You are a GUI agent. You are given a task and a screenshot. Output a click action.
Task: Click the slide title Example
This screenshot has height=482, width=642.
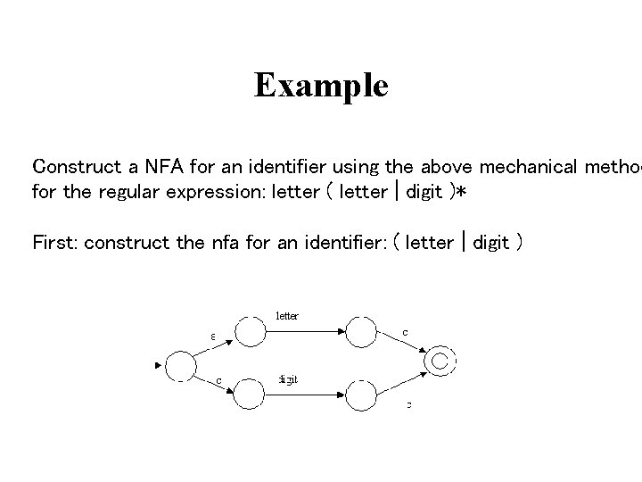pyautogui.click(x=321, y=86)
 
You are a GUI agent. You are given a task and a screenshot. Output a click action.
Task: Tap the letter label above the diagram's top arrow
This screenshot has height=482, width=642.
pyautogui.click(x=287, y=315)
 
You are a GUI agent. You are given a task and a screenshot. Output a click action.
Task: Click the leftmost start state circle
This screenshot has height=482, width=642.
pyautogui.click(x=181, y=366)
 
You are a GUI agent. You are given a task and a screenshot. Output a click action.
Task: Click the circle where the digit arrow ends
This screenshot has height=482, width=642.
pyautogui.click(x=360, y=394)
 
